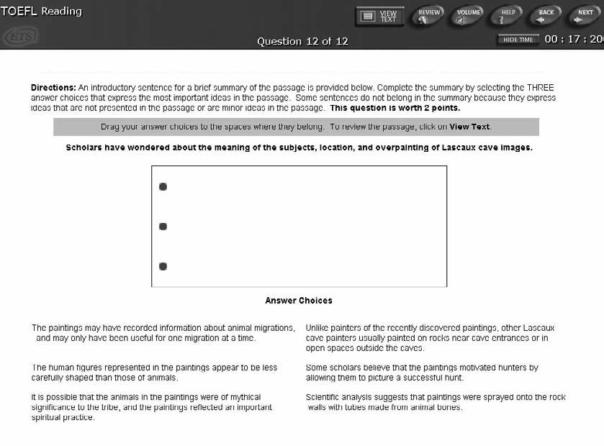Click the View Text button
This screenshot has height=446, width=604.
pos(379,16)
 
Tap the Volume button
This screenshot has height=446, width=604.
pos(469,16)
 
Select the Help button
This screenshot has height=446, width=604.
pos(508,16)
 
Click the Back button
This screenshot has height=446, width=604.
pos(546,16)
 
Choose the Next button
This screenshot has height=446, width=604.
pos(585,16)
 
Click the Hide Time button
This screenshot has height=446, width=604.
pos(518,40)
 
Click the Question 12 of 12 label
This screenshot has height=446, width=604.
pos(302,41)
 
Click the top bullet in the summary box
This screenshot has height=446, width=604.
pos(163,187)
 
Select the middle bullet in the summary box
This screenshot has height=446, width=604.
pos(163,227)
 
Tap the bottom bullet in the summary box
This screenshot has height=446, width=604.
pos(163,266)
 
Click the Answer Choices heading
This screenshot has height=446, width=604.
pos(299,301)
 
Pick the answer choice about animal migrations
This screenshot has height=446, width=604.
pos(163,332)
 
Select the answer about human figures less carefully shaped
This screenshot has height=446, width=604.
pos(154,372)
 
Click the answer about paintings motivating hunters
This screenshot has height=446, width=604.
pos(422,372)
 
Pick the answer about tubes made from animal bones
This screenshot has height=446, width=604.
pos(436,402)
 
